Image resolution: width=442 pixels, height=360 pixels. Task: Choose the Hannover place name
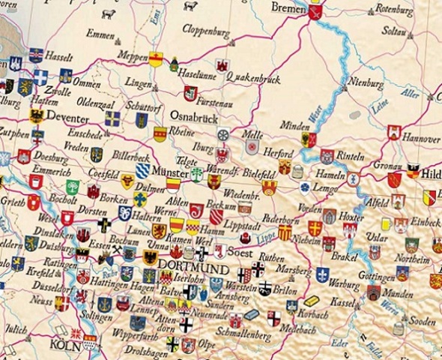click(x=420, y=139)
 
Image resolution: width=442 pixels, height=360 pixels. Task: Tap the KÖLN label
click(x=66, y=344)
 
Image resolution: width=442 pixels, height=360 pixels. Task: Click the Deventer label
click(x=67, y=117)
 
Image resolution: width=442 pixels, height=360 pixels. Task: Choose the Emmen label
click(x=100, y=34)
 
